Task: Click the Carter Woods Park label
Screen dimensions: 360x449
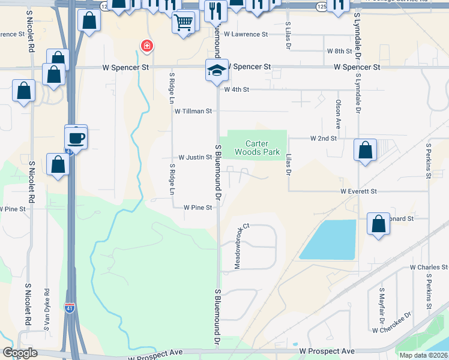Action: [262, 148]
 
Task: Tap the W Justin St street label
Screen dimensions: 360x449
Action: [194, 157]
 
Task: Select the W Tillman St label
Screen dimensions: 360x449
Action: [193, 111]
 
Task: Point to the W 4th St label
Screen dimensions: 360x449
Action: [236, 89]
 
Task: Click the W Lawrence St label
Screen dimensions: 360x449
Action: [246, 34]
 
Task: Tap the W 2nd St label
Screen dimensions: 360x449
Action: [323, 138]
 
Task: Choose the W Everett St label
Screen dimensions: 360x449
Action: [358, 191]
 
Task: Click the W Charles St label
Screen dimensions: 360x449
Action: [429, 267]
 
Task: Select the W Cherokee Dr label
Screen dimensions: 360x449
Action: [391, 329]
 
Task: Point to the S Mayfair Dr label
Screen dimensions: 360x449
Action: [382, 301]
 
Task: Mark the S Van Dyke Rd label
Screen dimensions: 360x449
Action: [46, 309]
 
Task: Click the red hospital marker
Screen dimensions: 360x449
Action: [145, 46]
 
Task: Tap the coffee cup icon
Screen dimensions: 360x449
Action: [76, 137]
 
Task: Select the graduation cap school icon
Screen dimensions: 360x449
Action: [216, 70]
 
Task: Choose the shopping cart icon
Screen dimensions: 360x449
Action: [183, 23]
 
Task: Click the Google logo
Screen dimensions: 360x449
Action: [20, 353]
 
